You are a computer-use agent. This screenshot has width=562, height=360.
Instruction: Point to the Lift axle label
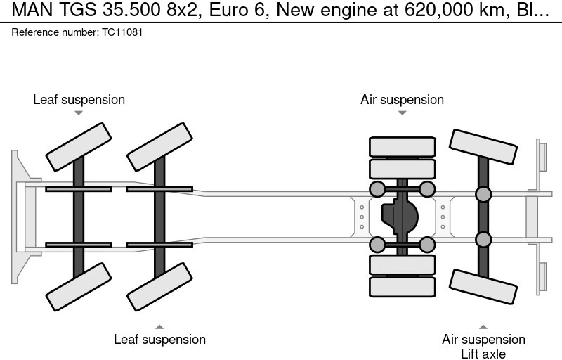[x=483, y=354]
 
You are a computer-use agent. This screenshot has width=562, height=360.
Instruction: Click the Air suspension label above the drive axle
[x=402, y=99]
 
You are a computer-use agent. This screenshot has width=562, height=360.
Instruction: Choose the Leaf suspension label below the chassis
[x=159, y=339]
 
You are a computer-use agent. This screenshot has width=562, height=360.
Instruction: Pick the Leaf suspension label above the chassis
[x=79, y=99]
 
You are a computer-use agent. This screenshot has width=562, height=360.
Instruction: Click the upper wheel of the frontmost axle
[x=79, y=146]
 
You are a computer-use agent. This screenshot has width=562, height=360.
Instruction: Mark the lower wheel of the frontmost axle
[x=79, y=286]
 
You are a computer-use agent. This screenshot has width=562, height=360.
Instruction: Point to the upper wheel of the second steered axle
[x=159, y=146]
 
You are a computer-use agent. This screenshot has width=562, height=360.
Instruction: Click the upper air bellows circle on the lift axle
[x=483, y=195]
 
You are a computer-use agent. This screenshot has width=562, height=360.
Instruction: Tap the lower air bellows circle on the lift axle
[x=483, y=240]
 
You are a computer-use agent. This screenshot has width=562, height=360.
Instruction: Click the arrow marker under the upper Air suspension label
[x=402, y=112]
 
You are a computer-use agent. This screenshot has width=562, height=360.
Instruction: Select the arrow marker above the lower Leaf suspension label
[x=159, y=326]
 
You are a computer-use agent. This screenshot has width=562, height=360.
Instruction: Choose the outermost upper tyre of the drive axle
[x=402, y=146]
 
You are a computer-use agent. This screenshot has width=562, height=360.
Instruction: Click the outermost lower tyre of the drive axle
[x=402, y=287]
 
